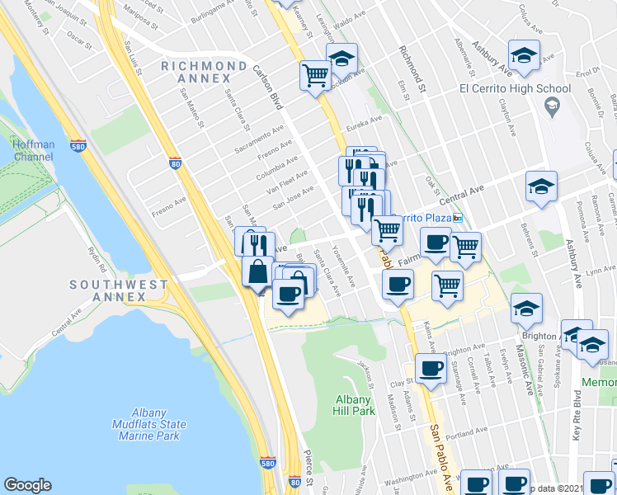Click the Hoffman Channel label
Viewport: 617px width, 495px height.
34,150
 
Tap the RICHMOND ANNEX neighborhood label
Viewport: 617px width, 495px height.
205,72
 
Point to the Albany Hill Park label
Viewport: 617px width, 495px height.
355,404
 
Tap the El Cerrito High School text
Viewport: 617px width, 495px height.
515,89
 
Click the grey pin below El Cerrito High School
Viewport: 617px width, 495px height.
552,106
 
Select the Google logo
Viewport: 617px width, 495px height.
27,485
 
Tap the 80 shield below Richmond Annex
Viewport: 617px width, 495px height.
175,163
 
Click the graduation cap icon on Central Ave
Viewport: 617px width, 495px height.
541,187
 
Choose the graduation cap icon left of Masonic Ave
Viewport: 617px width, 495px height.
526,309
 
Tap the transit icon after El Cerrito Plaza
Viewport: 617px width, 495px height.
458,218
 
